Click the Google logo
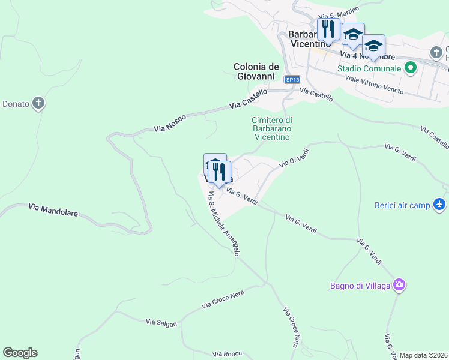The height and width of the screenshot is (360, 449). (20, 353)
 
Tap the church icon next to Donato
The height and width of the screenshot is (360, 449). (38, 104)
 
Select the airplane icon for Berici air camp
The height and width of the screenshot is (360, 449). (440, 205)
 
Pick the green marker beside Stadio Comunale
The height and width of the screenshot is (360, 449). (411, 68)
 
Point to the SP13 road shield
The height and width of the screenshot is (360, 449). (292, 79)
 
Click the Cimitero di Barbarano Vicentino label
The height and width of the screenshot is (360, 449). (271, 128)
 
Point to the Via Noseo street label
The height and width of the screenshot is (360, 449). (170, 123)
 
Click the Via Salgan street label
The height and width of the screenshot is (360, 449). (161, 323)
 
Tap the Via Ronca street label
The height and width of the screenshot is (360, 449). (228, 355)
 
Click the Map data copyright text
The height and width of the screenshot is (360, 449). (424, 355)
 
